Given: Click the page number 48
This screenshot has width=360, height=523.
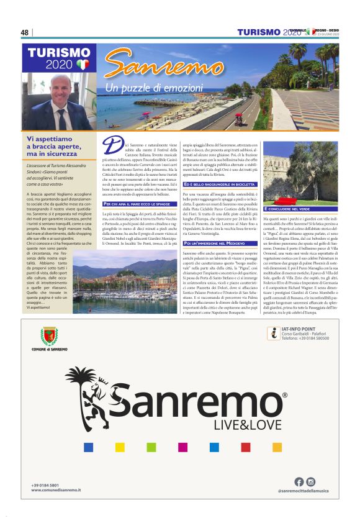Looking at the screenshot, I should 24,33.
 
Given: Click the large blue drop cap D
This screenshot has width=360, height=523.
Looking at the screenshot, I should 111,146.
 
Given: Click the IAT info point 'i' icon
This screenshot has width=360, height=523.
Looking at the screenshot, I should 271,334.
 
